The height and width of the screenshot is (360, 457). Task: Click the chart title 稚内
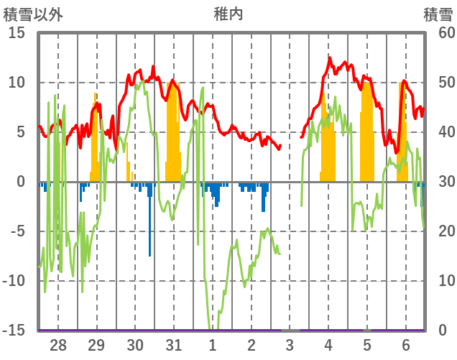228,13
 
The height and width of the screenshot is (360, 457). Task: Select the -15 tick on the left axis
14,331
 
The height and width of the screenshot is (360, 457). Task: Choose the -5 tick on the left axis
17,231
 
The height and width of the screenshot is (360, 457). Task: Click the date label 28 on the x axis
58,345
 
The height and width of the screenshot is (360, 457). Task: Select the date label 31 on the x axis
173,345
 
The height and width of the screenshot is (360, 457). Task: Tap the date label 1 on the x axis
213,345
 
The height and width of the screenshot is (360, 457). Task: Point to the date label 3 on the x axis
290,345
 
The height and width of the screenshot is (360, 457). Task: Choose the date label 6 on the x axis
405,345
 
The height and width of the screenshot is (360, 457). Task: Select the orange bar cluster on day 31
173,137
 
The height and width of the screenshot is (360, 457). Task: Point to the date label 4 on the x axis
328,345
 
